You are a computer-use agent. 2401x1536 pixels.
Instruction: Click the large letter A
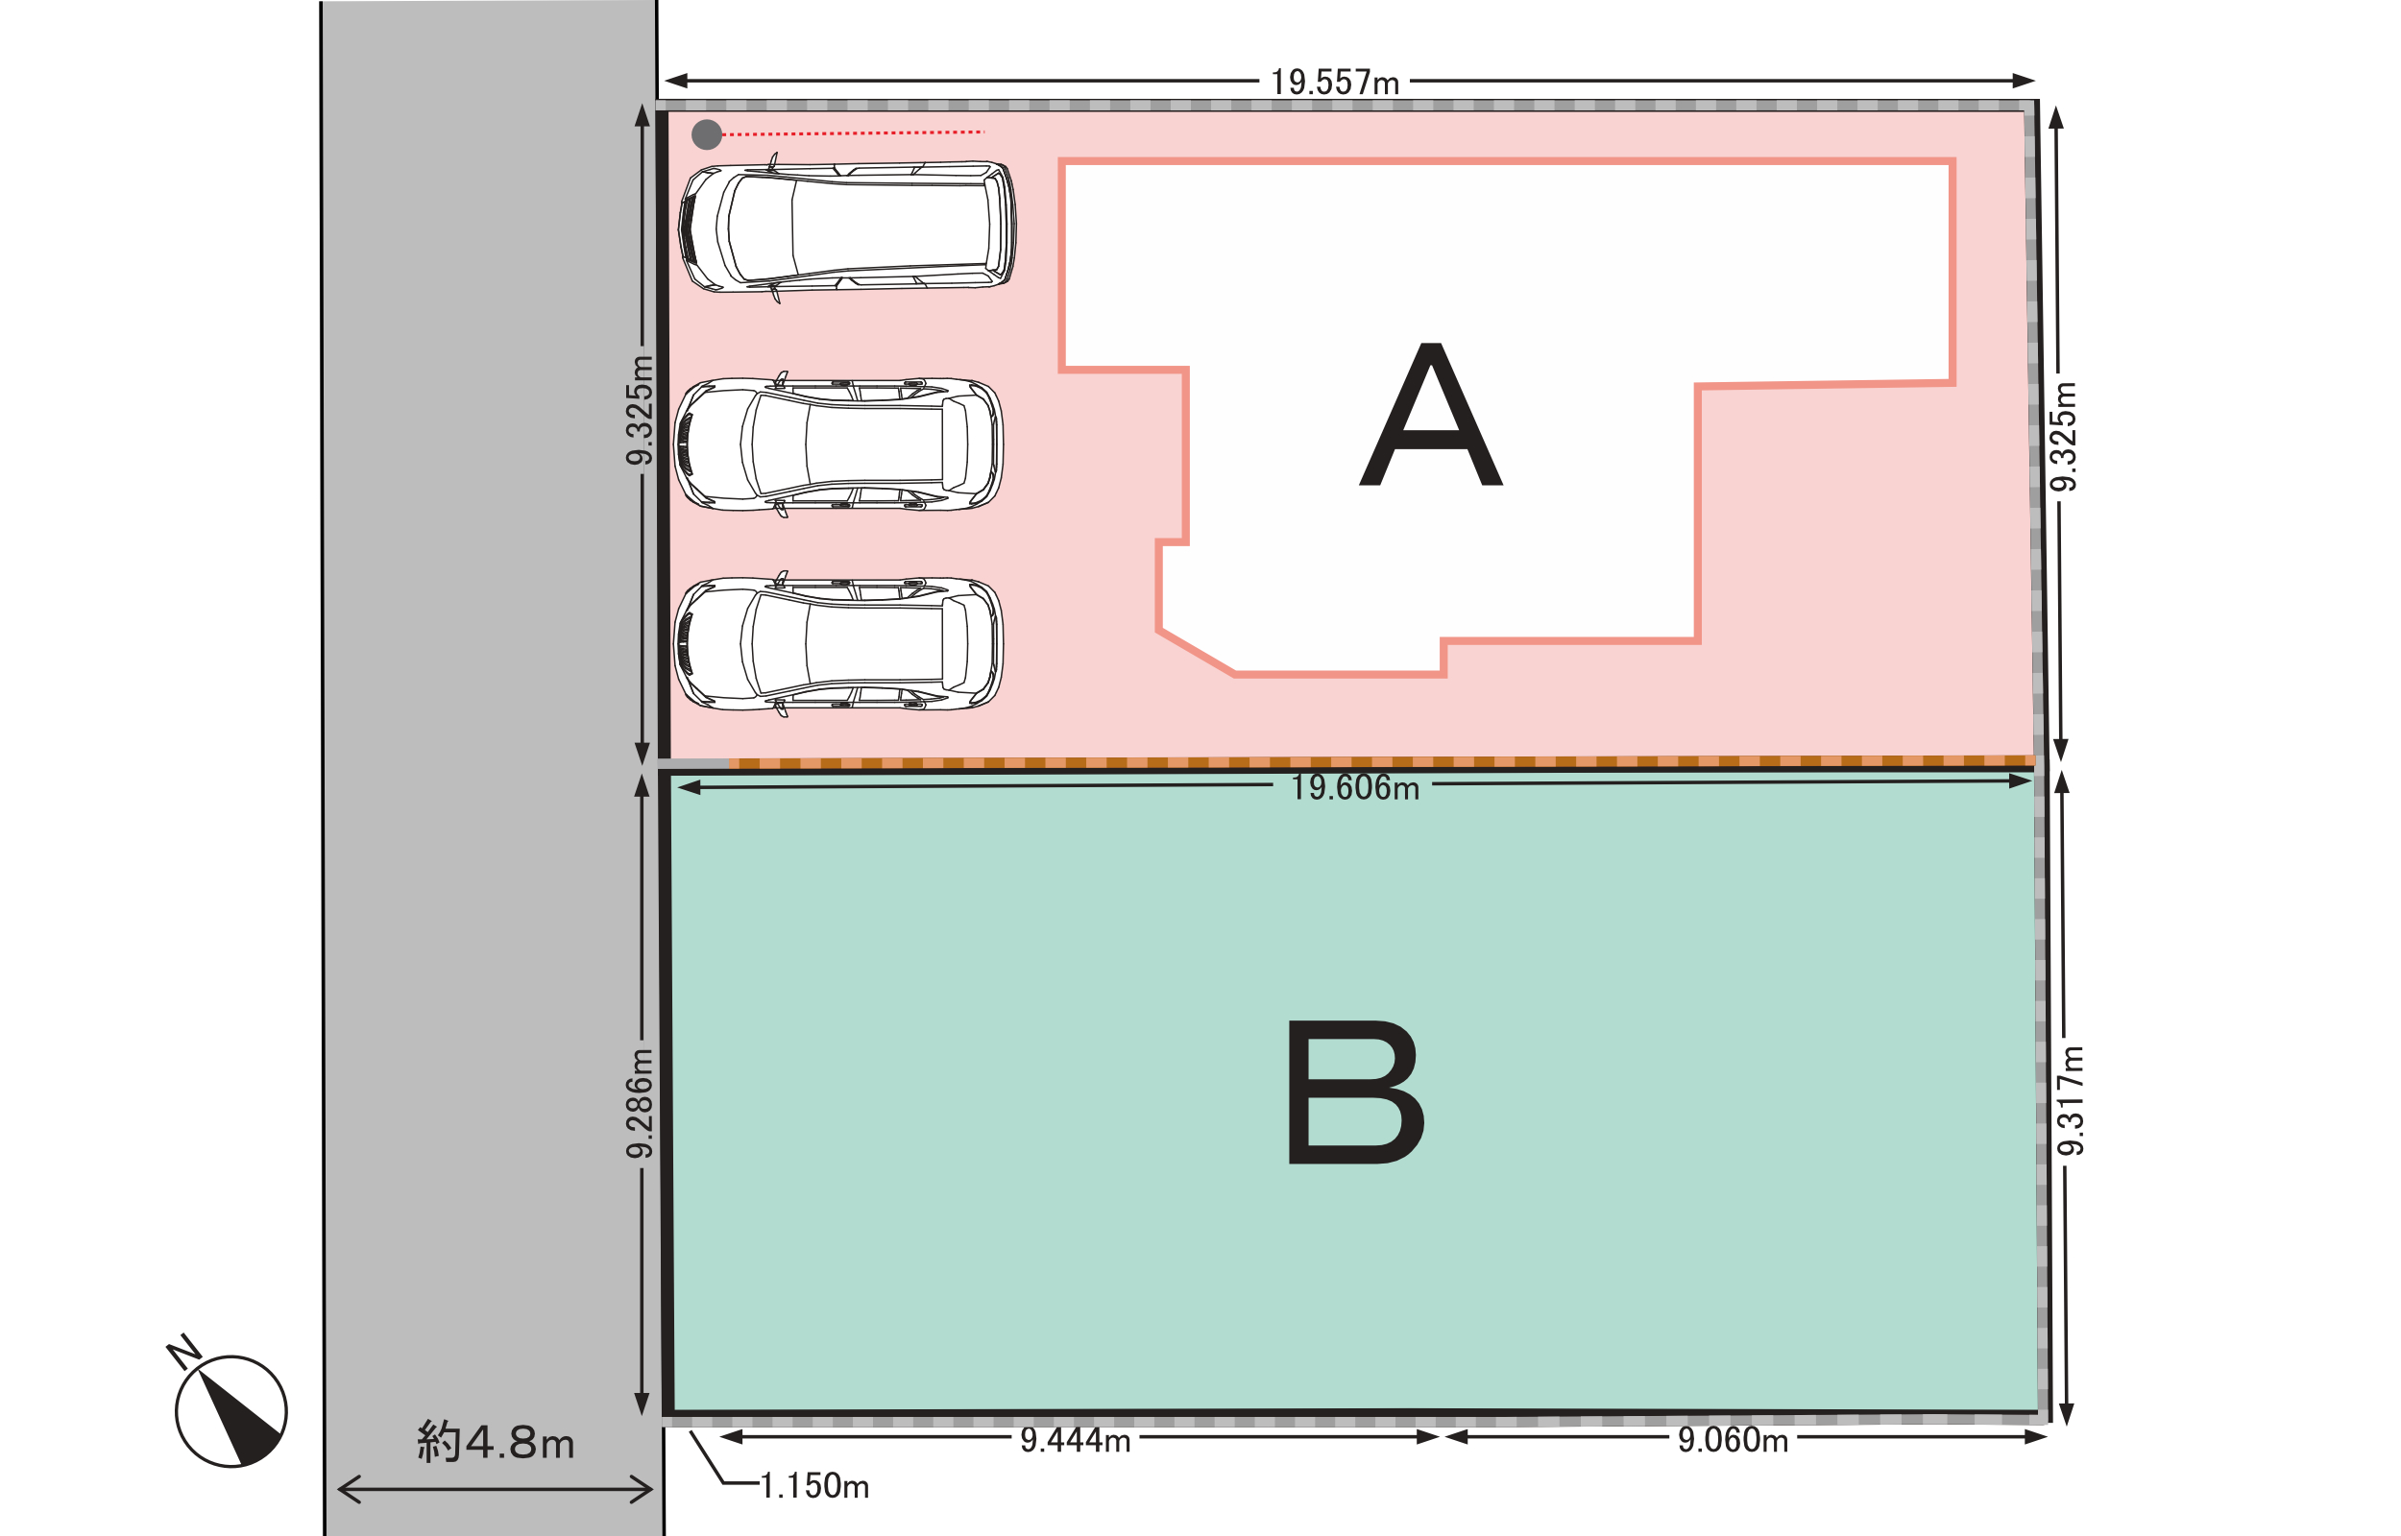pos(1430,414)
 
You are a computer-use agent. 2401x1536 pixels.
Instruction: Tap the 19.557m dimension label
pos(1335,83)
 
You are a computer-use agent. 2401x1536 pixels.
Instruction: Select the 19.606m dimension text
pos(1354,788)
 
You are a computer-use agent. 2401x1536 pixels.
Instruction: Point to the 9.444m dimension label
pos(1076,1440)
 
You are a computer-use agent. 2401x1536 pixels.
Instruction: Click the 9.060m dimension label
pos(1733,1440)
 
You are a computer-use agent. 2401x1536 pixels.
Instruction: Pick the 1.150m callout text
pos(814,1486)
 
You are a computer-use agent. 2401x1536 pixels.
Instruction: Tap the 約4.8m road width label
pos(496,1442)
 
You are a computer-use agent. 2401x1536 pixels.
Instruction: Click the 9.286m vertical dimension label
pos(640,1104)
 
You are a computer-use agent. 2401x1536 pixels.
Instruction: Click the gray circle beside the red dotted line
pos(706,134)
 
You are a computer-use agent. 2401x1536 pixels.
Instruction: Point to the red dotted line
pos(853,132)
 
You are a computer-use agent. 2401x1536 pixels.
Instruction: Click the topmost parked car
pos(847,228)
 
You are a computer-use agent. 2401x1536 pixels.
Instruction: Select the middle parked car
pos(838,444)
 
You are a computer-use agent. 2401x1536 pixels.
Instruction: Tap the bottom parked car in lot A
pos(838,644)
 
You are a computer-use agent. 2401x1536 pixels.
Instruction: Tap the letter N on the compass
pos(183,1353)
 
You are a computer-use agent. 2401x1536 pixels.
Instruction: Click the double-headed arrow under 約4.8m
pos(496,1491)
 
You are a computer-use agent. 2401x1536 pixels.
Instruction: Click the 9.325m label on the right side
pos(2063,437)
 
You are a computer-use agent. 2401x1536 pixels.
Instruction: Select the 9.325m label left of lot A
pos(640,410)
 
